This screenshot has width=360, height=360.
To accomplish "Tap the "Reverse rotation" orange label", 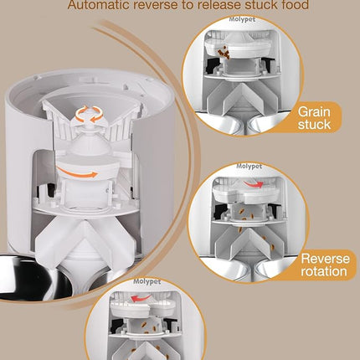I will coord(326,265).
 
